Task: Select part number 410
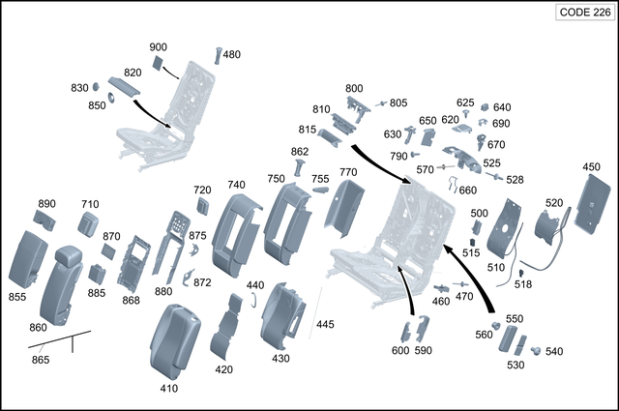point(168,389)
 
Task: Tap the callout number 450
point(591,167)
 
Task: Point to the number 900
point(159,48)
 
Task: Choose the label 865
point(40,361)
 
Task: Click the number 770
point(348,172)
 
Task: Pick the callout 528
point(515,180)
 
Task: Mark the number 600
point(400,351)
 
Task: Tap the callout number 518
point(523,284)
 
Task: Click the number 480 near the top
point(232,55)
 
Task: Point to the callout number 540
point(553,352)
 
